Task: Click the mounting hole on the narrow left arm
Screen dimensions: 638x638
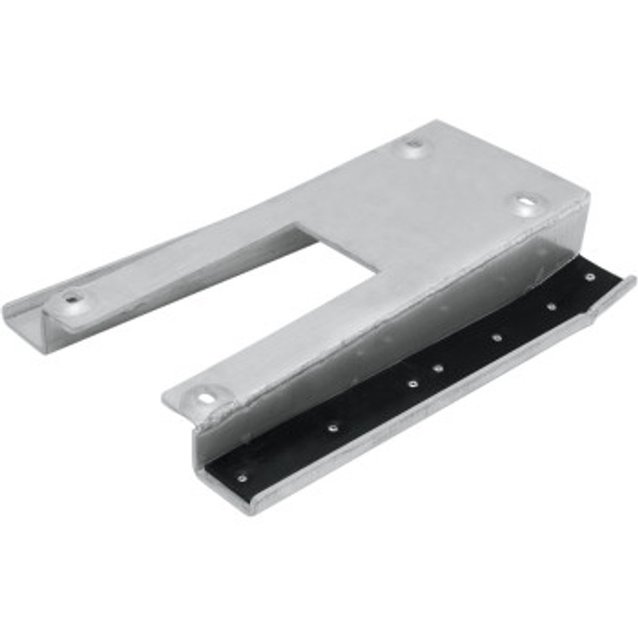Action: coord(74,297)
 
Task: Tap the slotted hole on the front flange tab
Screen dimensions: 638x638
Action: coord(205,395)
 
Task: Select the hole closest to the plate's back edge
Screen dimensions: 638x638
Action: coord(412,144)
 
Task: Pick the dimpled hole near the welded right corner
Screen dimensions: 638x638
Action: coord(525,202)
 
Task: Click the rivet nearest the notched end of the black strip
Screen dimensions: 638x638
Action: coord(591,277)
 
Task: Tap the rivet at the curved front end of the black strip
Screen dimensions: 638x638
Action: coord(243,478)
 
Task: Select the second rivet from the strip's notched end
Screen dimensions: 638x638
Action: coord(552,306)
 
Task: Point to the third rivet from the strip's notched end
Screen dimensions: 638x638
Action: coord(497,337)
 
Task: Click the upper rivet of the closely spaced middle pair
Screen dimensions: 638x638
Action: coord(438,367)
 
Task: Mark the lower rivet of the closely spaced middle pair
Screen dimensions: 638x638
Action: coord(413,383)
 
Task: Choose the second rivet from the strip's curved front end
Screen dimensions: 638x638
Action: coord(332,426)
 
